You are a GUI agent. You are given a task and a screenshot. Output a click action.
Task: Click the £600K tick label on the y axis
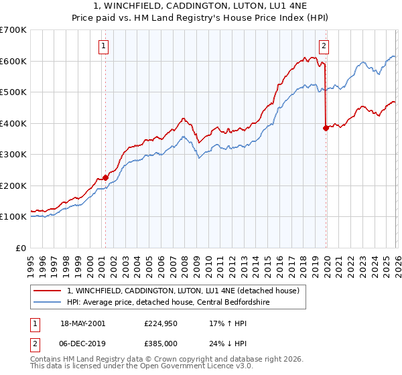click(x=13, y=61)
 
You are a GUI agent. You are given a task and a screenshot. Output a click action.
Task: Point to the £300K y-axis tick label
click(x=13, y=155)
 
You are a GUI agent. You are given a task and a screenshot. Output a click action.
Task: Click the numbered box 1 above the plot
click(x=105, y=46)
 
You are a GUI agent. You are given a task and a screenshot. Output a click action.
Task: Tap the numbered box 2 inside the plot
click(x=324, y=46)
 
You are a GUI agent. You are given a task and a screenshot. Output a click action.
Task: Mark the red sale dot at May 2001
click(x=105, y=177)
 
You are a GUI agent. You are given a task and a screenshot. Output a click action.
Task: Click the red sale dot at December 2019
click(x=326, y=128)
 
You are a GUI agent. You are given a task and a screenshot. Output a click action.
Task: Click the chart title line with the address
click(x=201, y=7)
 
